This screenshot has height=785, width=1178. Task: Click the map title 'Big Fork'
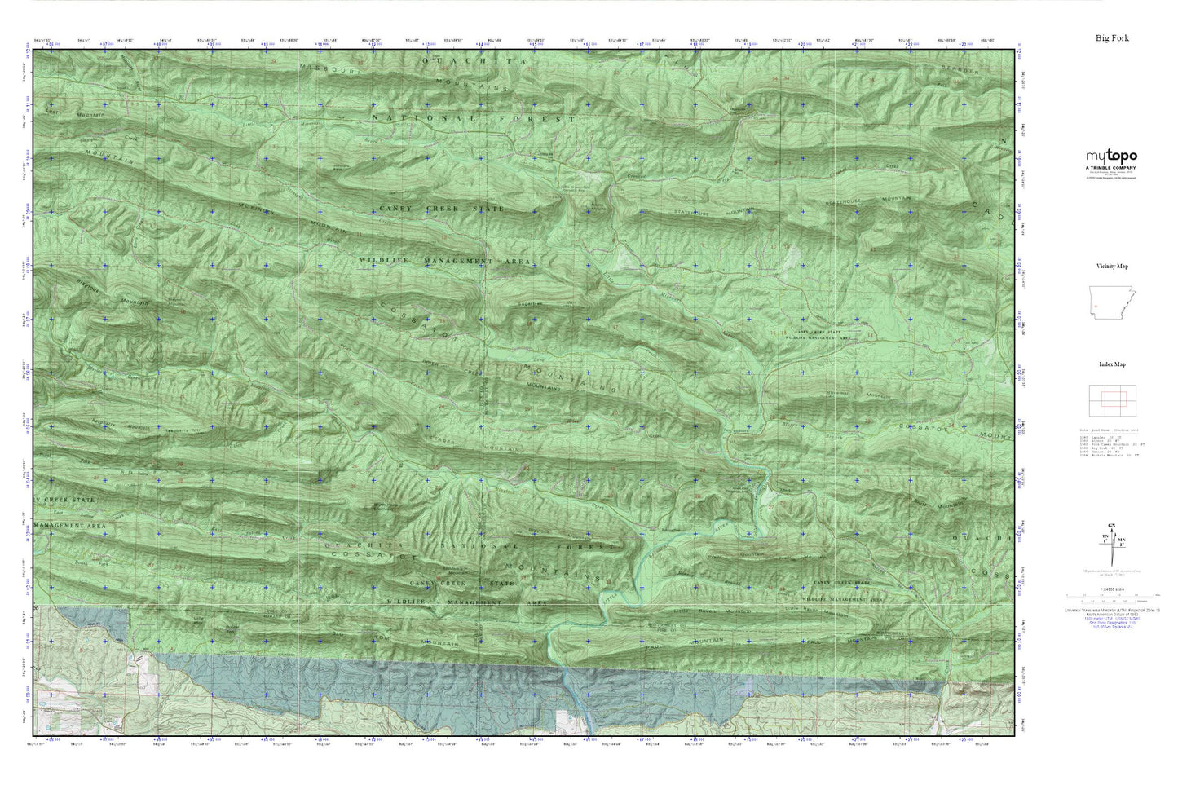tap(1112, 38)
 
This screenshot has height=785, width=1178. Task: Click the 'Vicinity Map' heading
tap(1112, 267)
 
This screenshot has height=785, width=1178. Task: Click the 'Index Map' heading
tap(1112, 364)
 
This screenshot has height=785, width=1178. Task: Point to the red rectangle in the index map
tap(1112, 399)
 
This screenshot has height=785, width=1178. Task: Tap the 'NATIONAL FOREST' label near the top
tap(474, 119)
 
